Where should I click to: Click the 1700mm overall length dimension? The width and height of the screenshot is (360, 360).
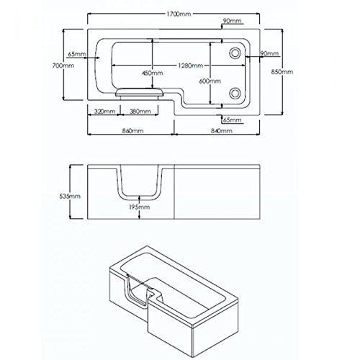[x=179, y=14]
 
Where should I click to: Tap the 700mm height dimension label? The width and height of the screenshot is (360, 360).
[x=63, y=66]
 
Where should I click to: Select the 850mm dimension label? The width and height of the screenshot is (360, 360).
[x=282, y=72]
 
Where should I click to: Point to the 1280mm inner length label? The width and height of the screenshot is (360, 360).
[x=190, y=66]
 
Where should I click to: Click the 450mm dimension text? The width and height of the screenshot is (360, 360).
[x=153, y=73]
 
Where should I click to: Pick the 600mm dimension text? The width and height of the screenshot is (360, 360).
[x=210, y=81]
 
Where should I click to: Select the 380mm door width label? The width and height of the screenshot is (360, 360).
[x=140, y=112]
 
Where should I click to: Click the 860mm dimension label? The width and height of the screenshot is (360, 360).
[x=132, y=131]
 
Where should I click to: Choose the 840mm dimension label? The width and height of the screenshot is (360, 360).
[x=222, y=131]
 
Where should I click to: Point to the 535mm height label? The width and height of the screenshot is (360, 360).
[x=70, y=196]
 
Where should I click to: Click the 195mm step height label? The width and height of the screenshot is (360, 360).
[x=139, y=207]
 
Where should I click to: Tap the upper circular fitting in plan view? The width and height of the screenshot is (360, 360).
[x=235, y=53]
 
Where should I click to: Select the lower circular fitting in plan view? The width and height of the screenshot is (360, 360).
[x=235, y=93]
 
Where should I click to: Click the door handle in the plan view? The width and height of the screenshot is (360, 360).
[x=139, y=93]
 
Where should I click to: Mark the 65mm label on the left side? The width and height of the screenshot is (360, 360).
[x=77, y=54]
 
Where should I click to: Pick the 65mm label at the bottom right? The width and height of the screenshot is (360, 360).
[x=232, y=120]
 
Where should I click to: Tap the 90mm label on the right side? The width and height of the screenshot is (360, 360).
[x=269, y=53]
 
